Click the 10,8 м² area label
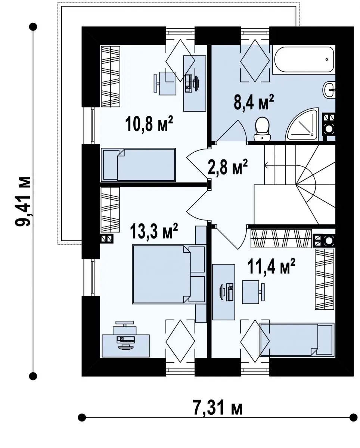(x=149, y=124)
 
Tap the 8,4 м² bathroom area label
(x=254, y=102)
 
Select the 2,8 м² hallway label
(x=227, y=167)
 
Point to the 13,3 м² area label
(x=154, y=231)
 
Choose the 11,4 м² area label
(x=271, y=266)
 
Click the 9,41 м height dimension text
(x=23, y=201)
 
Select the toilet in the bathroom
(x=263, y=129)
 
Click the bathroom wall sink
(x=329, y=90)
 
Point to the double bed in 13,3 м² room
(x=168, y=274)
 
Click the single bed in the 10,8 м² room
(x=138, y=165)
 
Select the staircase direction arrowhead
(x=266, y=165)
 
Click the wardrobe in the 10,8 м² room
(x=111, y=77)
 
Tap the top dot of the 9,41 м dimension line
(x=33, y=27)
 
